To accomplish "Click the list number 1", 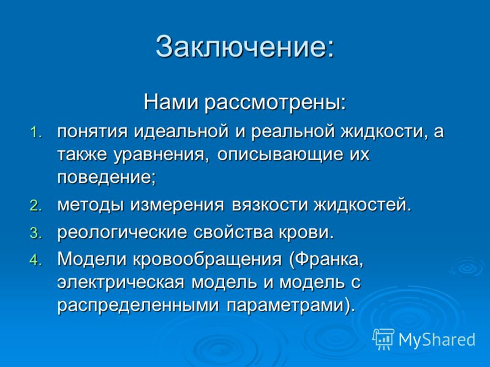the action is [36, 132].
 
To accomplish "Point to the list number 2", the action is [36, 206].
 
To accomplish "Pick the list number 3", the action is [36, 234].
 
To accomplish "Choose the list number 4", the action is [36, 261].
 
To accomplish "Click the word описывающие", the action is [280, 155].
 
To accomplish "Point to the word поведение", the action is [104, 178].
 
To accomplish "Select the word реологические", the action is [122, 232].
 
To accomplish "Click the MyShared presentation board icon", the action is [383, 339].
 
